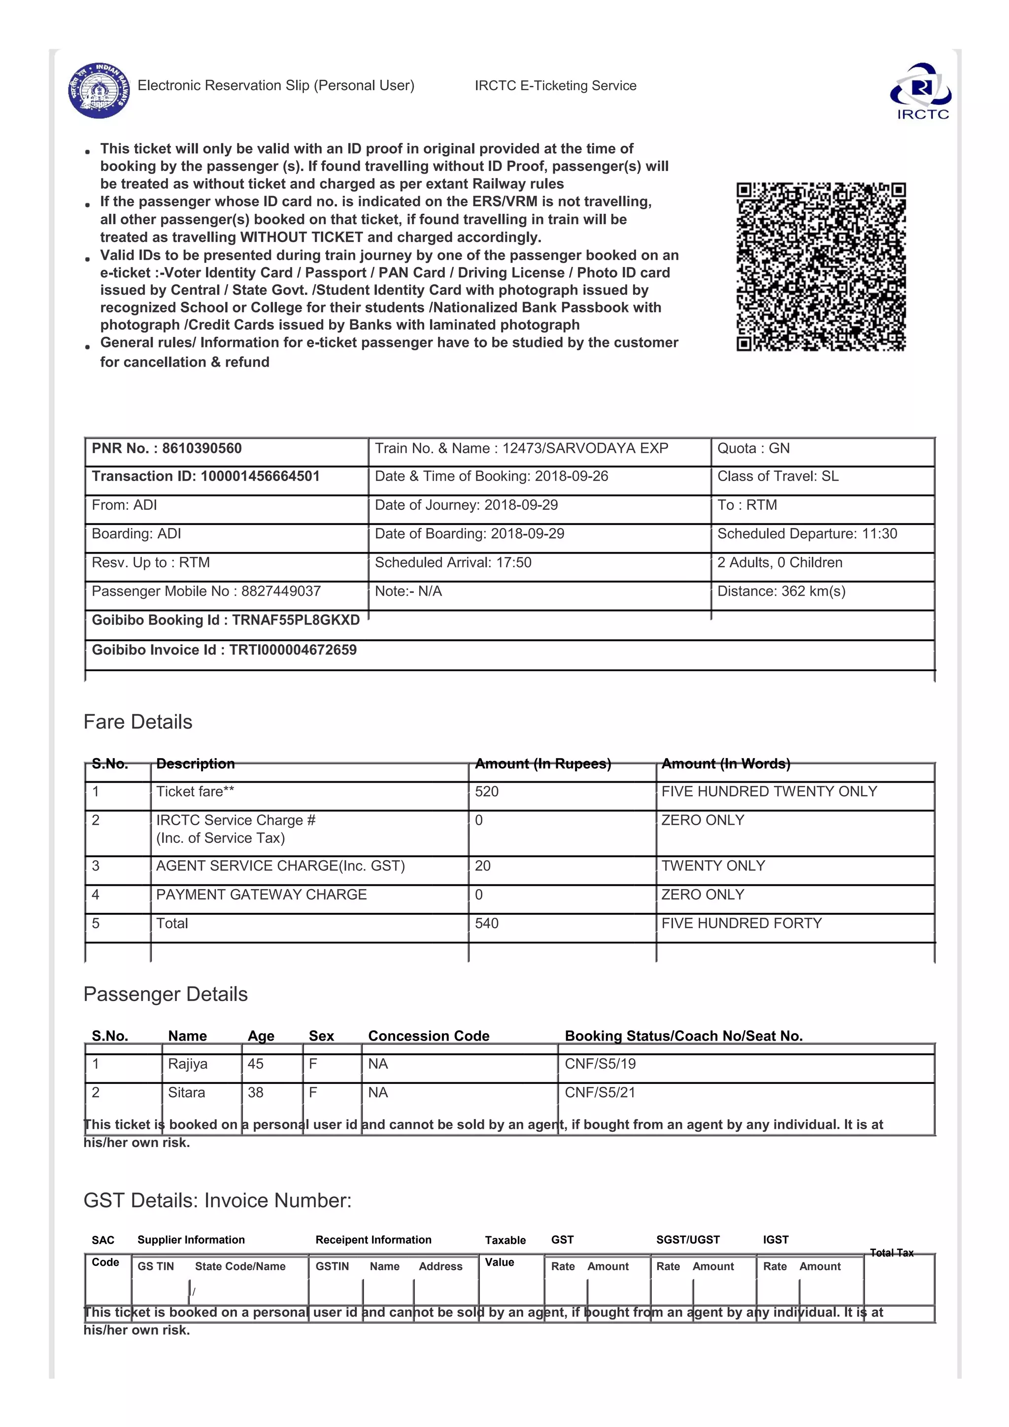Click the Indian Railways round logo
click(100, 90)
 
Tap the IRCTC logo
click(921, 91)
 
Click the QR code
click(821, 267)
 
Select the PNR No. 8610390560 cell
click(167, 449)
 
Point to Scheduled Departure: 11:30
click(807, 534)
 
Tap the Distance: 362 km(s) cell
click(781, 591)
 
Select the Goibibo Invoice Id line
click(224, 650)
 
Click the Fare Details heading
click(138, 722)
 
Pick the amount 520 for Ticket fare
click(486, 792)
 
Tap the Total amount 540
click(486, 924)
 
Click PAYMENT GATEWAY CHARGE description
click(261, 895)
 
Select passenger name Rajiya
click(187, 1064)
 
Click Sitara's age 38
click(255, 1093)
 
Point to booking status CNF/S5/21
click(600, 1093)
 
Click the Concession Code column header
click(428, 1036)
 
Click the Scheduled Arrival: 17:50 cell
click(453, 562)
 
